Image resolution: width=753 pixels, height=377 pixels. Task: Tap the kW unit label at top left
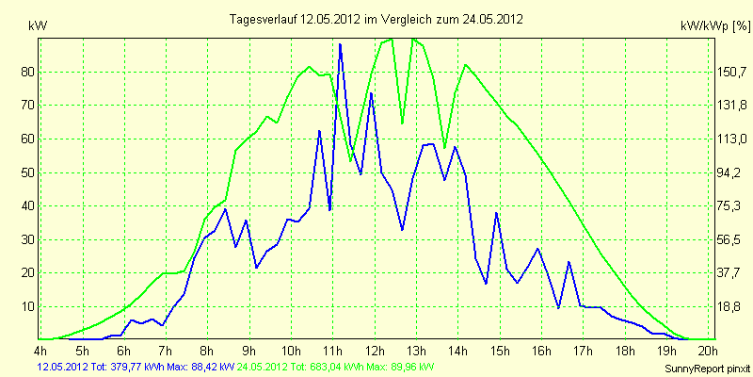pyautogui.click(x=38, y=26)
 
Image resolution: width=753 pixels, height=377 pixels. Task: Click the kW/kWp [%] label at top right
pyautogui.click(x=715, y=26)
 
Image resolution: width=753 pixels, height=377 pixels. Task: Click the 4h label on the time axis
pyautogui.click(x=40, y=350)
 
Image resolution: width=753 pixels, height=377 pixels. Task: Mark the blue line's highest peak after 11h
pyautogui.click(x=340, y=43)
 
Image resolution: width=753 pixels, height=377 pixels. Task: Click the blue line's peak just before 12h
pyautogui.click(x=371, y=92)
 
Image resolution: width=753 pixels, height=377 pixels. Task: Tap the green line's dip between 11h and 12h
pyautogui.click(x=350, y=161)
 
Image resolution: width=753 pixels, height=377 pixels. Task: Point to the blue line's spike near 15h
pyautogui.click(x=497, y=213)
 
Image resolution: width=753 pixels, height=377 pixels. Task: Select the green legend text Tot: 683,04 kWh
pyautogui.click(x=328, y=367)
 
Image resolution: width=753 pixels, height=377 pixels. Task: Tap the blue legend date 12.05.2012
pyautogui.click(x=59, y=367)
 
